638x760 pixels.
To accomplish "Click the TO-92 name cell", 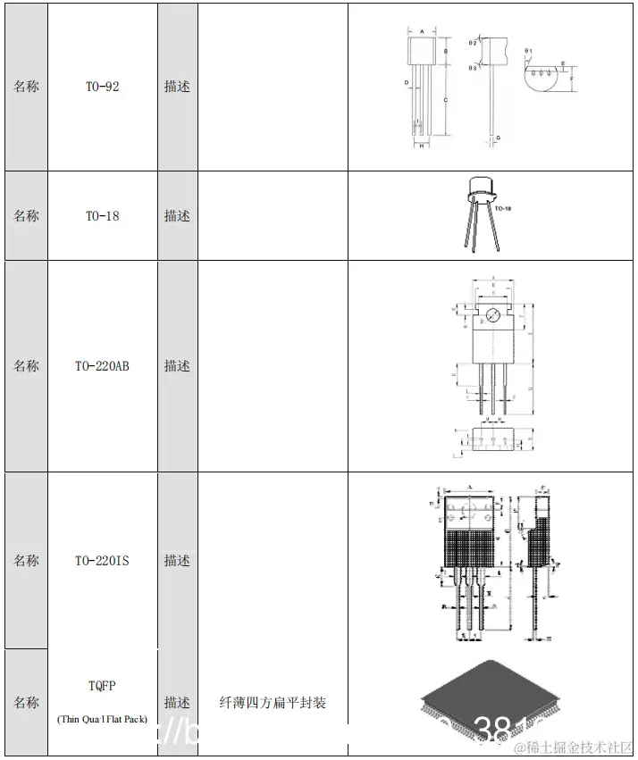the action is pos(102,87).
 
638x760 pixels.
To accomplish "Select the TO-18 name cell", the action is pos(102,216).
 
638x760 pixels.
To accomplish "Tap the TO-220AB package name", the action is pos(102,366).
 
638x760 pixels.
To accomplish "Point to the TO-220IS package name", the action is pos(102,561).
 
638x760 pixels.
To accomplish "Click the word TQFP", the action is pos(102,686).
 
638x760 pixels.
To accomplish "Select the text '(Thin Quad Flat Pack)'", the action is pos(102,719).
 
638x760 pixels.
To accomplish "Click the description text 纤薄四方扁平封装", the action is pos(273,703).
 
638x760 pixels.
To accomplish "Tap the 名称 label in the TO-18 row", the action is pos(26,216).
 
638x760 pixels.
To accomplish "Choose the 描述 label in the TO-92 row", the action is pos(177,87).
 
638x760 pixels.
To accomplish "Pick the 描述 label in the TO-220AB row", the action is pos(177,366).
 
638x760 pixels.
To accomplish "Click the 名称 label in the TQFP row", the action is pos(26,703).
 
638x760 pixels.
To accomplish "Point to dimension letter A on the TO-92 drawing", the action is pos(421,30).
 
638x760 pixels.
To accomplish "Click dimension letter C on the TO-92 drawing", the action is pos(445,100).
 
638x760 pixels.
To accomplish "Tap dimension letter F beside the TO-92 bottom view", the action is pos(570,79).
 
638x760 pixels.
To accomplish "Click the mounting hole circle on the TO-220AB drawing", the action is pos(490,314).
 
